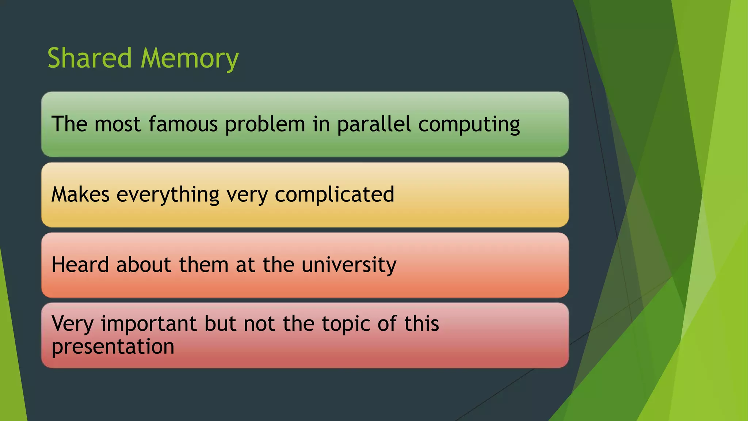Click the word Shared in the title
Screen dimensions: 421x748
[89, 58]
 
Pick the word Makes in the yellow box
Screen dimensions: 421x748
[80, 194]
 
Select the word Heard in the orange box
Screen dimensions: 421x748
[80, 265]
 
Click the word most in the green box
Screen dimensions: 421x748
[117, 124]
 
